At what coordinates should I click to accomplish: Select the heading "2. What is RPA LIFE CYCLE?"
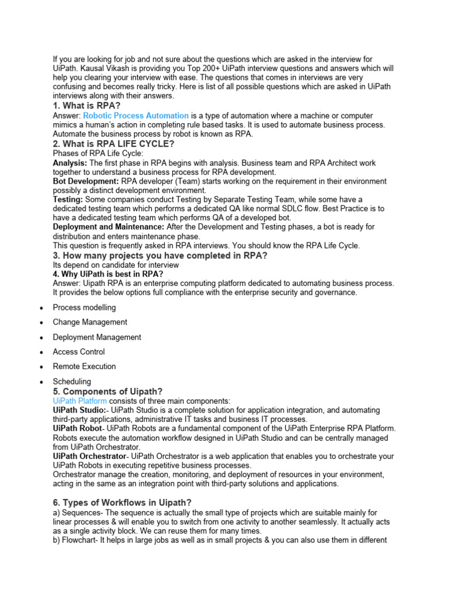click(113, 144)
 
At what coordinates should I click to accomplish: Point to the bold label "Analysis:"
click(70, 163)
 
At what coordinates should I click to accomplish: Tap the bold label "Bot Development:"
click(86, 181)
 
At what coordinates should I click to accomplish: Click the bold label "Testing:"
click(69, 200)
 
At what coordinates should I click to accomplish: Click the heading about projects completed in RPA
click(160, 255)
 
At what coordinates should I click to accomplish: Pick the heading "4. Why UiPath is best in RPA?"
click(108, 274)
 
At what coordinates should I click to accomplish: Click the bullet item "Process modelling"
click(84, 308)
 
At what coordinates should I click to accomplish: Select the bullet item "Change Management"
click(90, 322)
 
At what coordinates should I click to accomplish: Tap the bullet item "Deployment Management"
click(97, 337)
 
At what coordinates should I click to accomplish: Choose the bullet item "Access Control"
click(79, 352)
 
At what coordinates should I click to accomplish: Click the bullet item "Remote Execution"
click(84, 367)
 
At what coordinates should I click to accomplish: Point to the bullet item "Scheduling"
click(72, 381)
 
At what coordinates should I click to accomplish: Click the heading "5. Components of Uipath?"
click(108, 391)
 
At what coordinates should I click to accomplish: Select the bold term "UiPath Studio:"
click(80, 410)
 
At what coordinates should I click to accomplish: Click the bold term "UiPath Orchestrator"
click(89, 456)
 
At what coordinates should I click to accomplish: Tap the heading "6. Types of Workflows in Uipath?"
click(122, 502)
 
